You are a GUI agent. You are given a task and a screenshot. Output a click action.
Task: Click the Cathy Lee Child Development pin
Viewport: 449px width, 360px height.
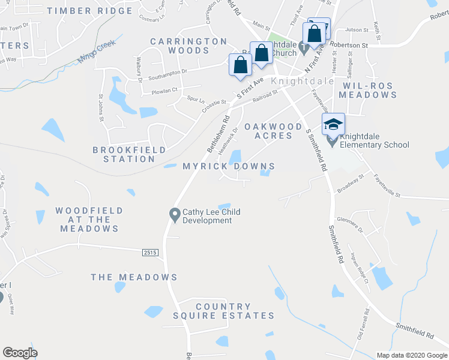click(175, 214)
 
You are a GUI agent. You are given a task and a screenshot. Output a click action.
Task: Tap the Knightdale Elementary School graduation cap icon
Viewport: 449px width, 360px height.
click(333, 124)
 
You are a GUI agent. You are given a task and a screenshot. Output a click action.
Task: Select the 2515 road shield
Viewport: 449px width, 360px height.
click(151, 253)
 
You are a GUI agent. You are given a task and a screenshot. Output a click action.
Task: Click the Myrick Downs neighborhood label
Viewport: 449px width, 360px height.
click(229, 166)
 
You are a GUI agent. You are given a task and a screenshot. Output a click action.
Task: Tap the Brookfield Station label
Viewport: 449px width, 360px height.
click(124, 154)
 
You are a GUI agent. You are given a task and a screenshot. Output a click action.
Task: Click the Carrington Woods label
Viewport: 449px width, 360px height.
click(188, 46)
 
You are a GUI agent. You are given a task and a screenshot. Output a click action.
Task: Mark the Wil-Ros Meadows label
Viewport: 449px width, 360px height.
click(369, 90)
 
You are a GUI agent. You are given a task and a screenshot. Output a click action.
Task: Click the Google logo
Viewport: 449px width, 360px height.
click(20, 353)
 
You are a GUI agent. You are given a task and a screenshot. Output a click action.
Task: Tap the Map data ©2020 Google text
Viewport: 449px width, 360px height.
click(411, 355)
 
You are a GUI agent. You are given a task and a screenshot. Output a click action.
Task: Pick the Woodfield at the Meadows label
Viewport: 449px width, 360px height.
click(89, 220)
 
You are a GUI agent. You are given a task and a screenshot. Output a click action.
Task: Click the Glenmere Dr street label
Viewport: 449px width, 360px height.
click(351, 224)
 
